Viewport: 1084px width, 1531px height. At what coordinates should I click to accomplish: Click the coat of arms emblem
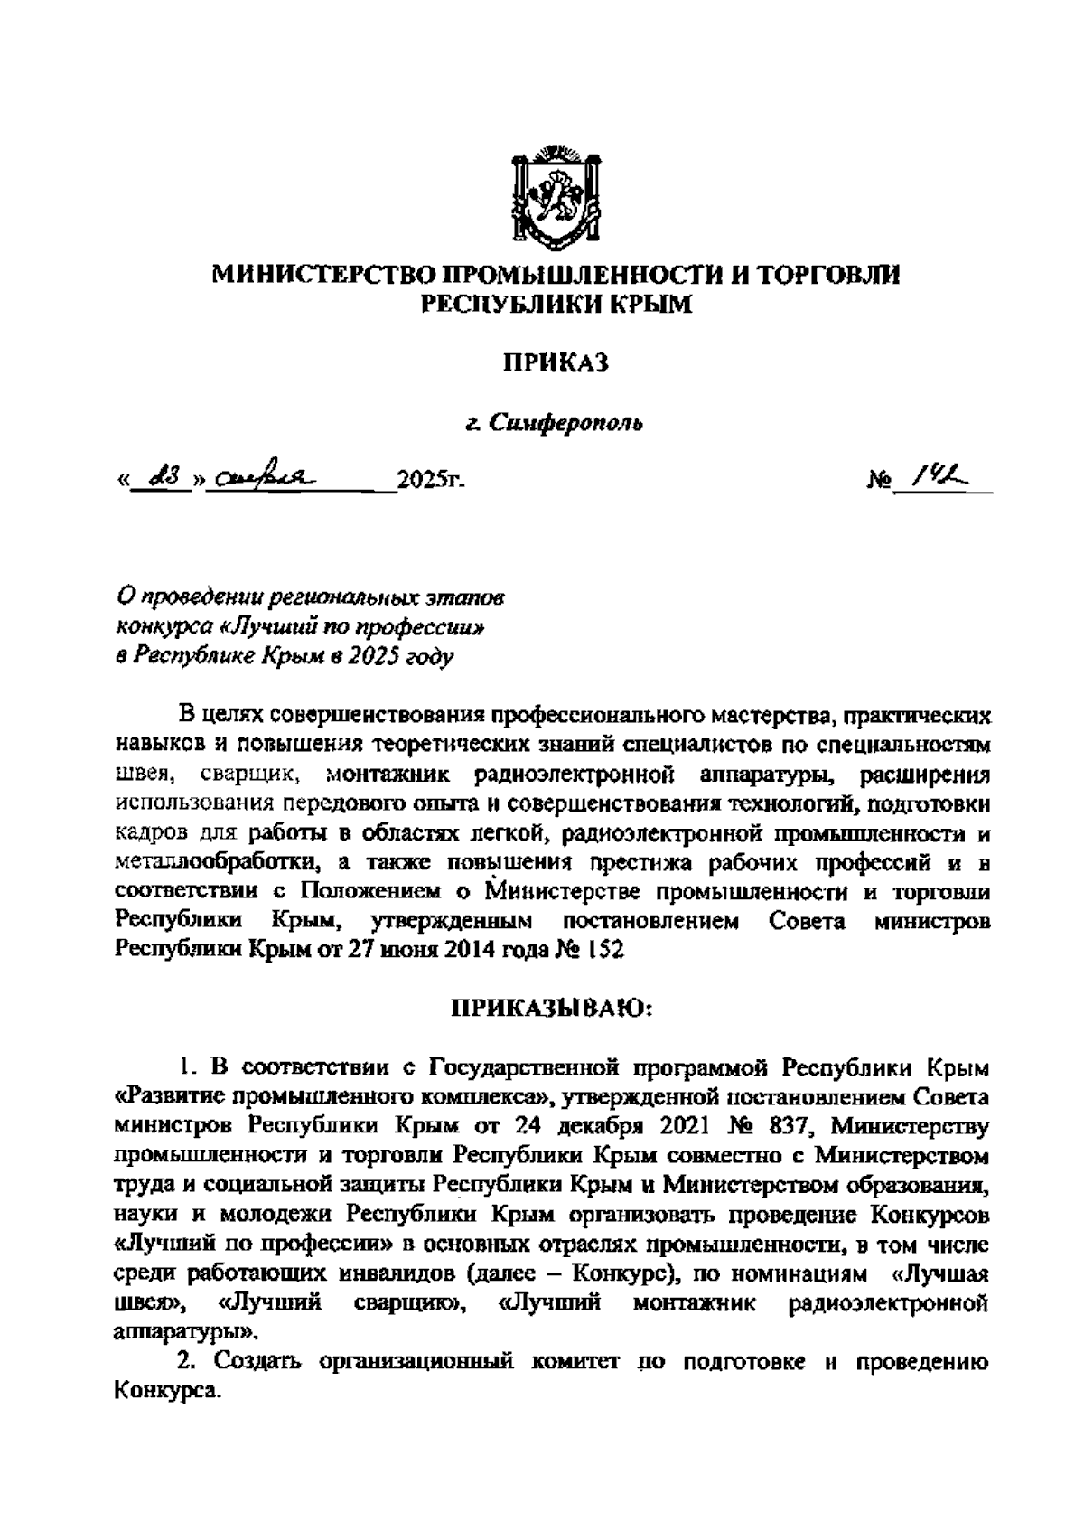(x=555, y=194)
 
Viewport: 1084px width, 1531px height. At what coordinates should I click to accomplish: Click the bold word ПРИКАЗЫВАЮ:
(x=555, y=1008)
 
